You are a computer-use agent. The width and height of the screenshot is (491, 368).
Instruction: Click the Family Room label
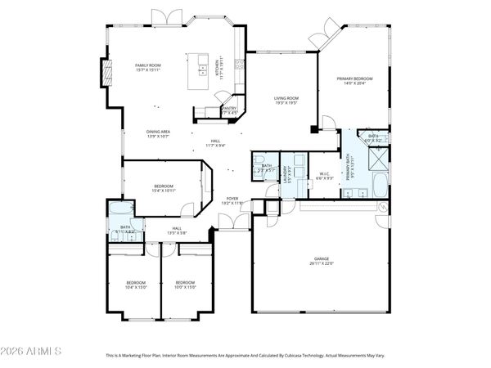148,67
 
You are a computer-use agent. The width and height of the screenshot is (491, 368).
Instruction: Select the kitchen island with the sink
200,71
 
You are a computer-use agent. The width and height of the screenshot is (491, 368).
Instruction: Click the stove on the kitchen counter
238,64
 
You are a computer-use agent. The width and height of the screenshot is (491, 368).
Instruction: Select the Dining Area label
158,133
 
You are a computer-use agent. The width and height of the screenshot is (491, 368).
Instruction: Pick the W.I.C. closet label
324,176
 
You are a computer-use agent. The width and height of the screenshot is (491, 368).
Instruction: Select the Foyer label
232,200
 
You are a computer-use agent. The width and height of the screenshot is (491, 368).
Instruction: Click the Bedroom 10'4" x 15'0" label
136,285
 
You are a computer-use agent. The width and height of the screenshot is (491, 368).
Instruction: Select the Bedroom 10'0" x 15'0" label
186,285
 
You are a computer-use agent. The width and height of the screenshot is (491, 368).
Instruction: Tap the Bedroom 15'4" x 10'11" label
164,189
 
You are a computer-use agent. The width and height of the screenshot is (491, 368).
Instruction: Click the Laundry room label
288,173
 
